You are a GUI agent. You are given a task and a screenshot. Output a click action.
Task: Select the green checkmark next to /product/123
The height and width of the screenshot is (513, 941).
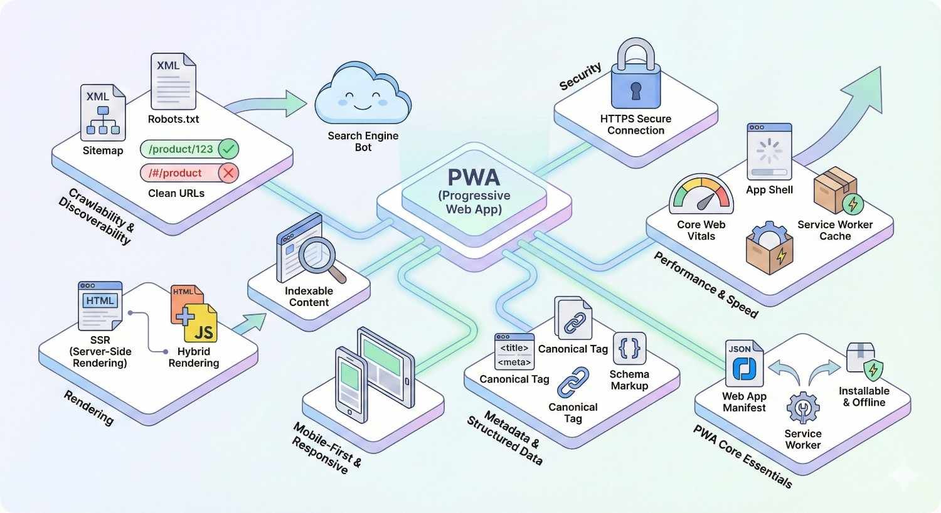[x=229, y=149]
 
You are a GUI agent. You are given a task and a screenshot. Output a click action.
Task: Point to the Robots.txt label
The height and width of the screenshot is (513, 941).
[x=173, y=119]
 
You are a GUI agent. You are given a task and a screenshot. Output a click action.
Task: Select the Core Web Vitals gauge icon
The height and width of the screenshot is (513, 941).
[x=701, y=196]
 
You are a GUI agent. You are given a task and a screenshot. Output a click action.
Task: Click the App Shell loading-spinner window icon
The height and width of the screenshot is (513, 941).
[x=769, y=152]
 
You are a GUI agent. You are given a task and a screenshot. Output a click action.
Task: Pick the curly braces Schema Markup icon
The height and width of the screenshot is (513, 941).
[x=629, y=349]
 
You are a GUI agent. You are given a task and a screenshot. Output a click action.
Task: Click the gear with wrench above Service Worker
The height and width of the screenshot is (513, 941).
[x=802, y=408]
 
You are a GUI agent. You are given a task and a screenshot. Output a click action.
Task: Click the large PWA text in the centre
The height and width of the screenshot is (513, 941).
[x=474, y=177]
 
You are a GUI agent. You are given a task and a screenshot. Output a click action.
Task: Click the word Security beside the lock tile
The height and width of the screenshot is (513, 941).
[x=580, y=76]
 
